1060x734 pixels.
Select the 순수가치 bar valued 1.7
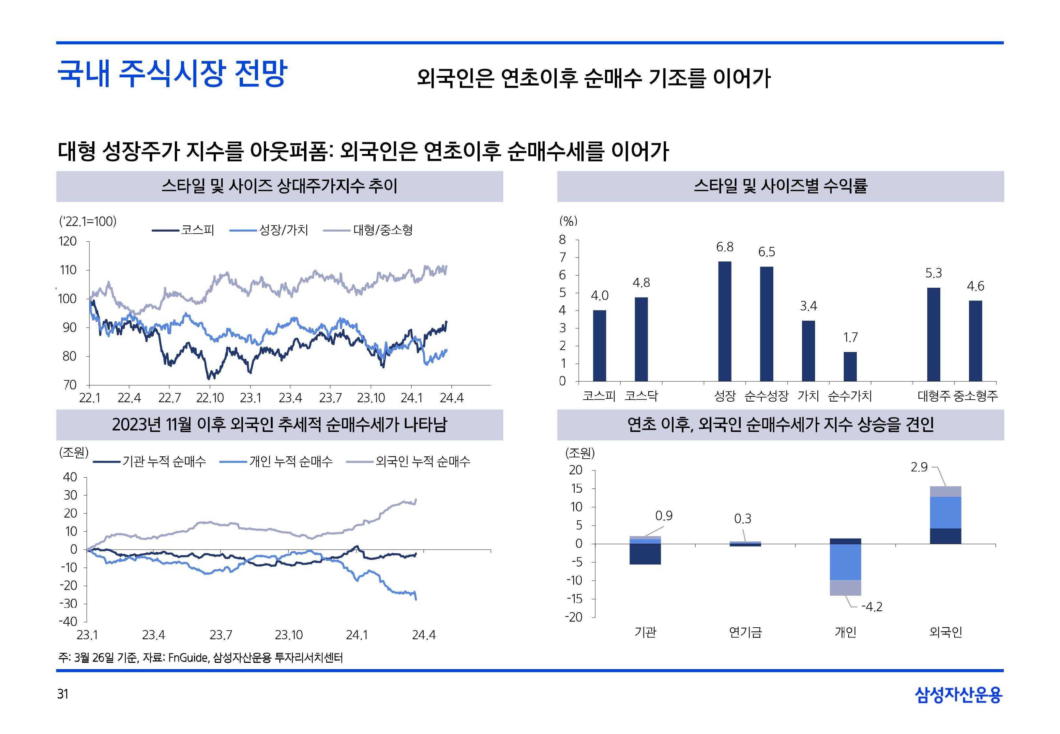850,367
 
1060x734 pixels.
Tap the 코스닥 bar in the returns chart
641,339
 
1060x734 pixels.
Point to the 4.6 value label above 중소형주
976,286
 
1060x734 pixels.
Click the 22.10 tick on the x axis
210,398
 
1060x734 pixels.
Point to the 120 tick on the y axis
68,241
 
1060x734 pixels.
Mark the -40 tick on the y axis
68,622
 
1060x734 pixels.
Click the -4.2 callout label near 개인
871,607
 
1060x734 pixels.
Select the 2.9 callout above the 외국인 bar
919,467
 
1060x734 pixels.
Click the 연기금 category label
745,632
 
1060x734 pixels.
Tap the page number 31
63,694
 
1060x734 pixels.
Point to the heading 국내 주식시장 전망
172,74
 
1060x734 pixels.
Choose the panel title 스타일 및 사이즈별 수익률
780,186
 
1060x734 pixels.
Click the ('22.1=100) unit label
88,222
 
